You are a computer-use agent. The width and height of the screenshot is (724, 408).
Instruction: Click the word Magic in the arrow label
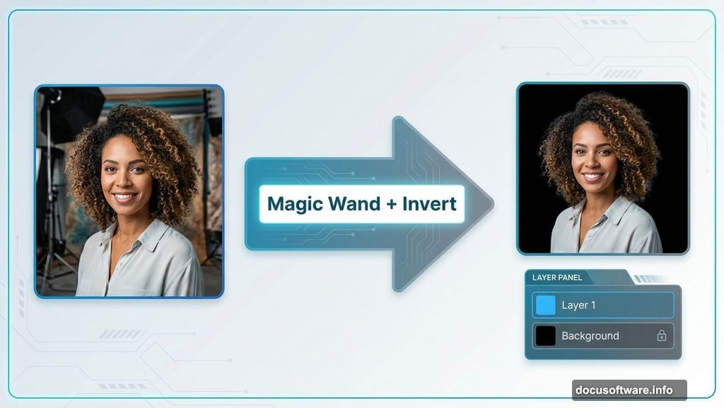294,204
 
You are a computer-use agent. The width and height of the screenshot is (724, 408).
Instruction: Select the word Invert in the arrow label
429,204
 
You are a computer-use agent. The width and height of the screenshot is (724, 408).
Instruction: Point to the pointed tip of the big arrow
491,204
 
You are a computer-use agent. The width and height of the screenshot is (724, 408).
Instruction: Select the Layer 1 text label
578,305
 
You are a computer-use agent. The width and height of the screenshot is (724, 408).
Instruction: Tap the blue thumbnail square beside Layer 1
546,305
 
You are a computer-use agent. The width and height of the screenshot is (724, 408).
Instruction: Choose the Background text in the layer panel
590,336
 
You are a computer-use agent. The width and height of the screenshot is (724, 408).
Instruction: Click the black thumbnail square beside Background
546,336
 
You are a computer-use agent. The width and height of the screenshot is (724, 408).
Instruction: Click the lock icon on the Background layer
661,336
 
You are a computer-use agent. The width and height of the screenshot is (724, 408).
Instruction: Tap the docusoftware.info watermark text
629,390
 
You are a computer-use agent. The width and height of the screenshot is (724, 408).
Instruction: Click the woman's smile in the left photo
125,198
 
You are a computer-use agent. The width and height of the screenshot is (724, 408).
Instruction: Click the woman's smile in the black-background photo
592,176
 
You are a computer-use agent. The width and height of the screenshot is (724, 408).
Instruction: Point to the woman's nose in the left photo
124,181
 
